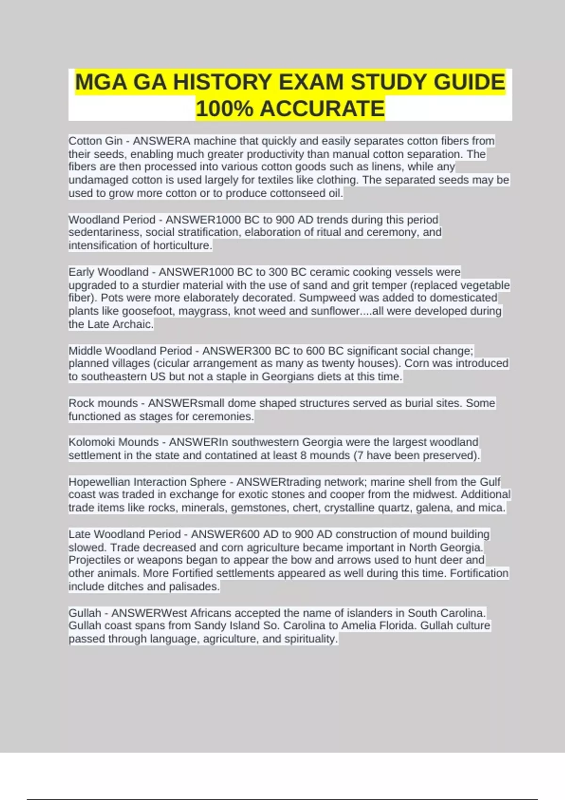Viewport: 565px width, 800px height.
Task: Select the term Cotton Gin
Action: [96, 141]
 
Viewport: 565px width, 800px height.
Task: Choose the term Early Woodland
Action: [108, 272]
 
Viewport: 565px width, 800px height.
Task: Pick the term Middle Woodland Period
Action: [130, 351]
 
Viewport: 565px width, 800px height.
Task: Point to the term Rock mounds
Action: [103, 403]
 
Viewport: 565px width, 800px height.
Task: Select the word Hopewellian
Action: [99, 482]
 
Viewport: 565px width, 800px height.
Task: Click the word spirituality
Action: [311, 639]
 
